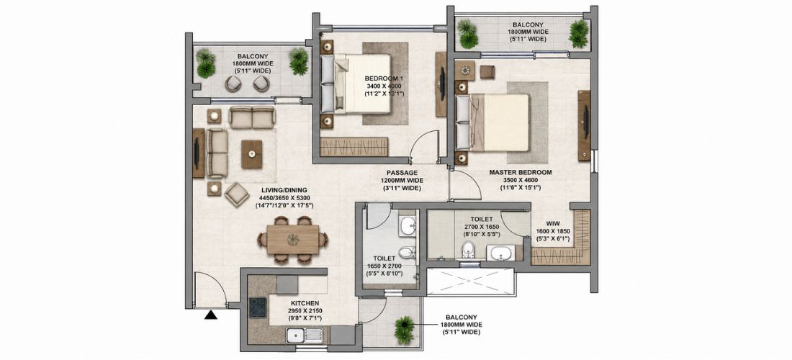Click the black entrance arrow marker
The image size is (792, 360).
pos(211,315)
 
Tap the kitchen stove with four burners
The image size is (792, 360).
pos(258,307)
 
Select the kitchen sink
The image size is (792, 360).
pos(305,336)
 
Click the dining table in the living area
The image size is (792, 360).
pos(293,239)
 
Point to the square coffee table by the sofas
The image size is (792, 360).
pos(251,154)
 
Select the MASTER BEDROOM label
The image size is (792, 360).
pos(521,172)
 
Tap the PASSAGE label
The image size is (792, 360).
pos(402,172)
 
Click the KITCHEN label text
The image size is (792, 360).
pos(305,303)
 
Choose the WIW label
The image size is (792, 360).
pos(552,224)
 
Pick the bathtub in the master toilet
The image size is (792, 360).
pos(500,253)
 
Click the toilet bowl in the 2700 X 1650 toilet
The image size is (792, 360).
pos(469,249)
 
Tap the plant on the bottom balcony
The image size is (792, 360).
pos(404,330)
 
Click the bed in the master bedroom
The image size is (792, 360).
pos(492,122)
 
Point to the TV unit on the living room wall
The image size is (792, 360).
pos(198,153)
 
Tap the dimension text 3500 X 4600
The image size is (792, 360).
pos(521,180)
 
